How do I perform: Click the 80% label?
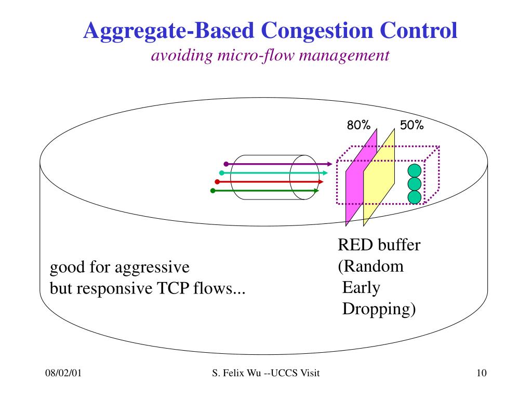click(x=358, y=125)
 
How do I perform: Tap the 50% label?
click(x=412, y=125)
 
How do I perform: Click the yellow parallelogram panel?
click(x=379, y=177)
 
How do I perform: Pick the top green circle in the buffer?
click(x=414, y=171)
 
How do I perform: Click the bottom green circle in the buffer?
click(x=414, y=197)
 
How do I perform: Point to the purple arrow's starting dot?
click(x=226, y=164)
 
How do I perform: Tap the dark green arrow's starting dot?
click(x=212, y=191)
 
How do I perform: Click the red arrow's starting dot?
click(x=217, y=182)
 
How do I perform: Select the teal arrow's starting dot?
click(x=221, y=172)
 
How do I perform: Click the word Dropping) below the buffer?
click(x=379, y=309)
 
